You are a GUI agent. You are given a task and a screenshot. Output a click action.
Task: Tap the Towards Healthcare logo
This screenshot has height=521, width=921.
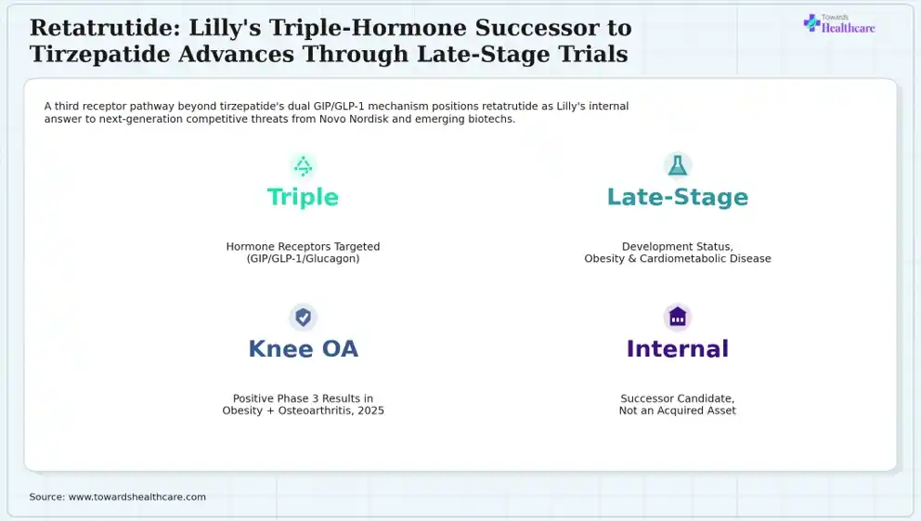coord(838,24)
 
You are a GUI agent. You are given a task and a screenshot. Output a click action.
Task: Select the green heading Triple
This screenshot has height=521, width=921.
coord(303,198)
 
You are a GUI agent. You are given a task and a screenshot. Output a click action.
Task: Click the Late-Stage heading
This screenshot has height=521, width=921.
coord(677,198)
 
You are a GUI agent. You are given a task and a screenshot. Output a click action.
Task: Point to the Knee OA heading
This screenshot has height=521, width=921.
coord(303,349)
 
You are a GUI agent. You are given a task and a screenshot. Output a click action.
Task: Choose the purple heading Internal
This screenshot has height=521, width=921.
coord(677,349)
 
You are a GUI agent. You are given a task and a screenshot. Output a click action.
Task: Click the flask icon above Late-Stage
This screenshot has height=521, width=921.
coord(677,165)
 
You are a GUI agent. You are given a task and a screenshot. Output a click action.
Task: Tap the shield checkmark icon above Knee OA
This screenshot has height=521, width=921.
coord(303,318)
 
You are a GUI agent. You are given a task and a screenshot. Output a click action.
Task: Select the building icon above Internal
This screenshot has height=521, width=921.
coord(677,318)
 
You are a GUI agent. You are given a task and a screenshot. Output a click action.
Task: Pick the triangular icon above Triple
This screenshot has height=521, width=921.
coord(303,165)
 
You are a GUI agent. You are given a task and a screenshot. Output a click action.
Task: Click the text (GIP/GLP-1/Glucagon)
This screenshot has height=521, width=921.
coord(303,258)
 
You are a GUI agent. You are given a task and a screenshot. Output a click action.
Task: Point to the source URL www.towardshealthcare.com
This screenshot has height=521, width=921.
coord(137,497)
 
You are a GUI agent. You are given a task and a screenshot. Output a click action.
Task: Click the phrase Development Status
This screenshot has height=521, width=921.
coord(677,247)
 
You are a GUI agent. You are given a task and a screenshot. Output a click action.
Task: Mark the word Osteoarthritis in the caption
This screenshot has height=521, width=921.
coord(315,410)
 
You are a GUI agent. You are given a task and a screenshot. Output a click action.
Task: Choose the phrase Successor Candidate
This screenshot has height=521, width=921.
coord(677,398)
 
